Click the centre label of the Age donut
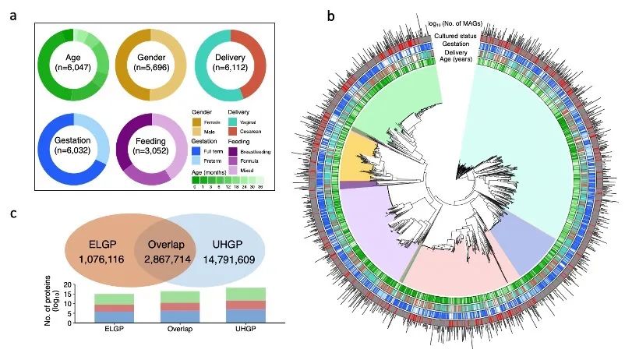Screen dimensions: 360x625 (x=65, y=62)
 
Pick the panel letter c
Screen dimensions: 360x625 (x=13, y=212)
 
